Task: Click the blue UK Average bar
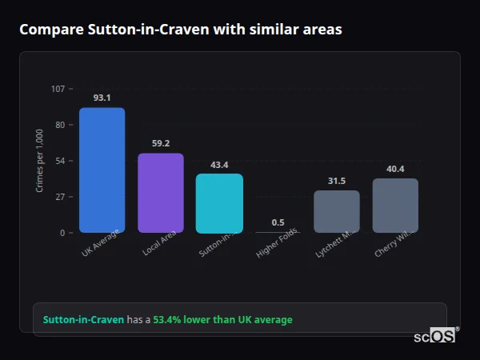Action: click(x=102, y=170)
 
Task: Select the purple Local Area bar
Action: click(x=161, y=193)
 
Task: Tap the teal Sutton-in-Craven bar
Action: click(x=219, y=203)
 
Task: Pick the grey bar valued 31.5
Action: click(x=337, y=211)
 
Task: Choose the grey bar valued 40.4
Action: click(x=395, y=206)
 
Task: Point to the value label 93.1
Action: click(x=102, y=98)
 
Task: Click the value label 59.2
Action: click(x=161, y=143)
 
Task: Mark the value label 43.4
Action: click(x=219, y=165)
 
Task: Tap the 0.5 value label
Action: click(x=278, y=222)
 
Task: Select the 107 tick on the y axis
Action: click(x=58, y=89)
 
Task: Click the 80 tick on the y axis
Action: click(x=59, y=125)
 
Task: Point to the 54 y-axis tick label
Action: click(x=59, y=161)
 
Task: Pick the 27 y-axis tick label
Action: click(x=59, y=197)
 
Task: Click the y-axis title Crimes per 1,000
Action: click(x=40, y=161)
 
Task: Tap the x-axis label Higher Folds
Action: click(x=278, y=245)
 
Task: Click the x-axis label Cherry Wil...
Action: click(x=393, y=245)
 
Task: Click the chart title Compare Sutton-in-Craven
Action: click(x=180, y=30)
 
